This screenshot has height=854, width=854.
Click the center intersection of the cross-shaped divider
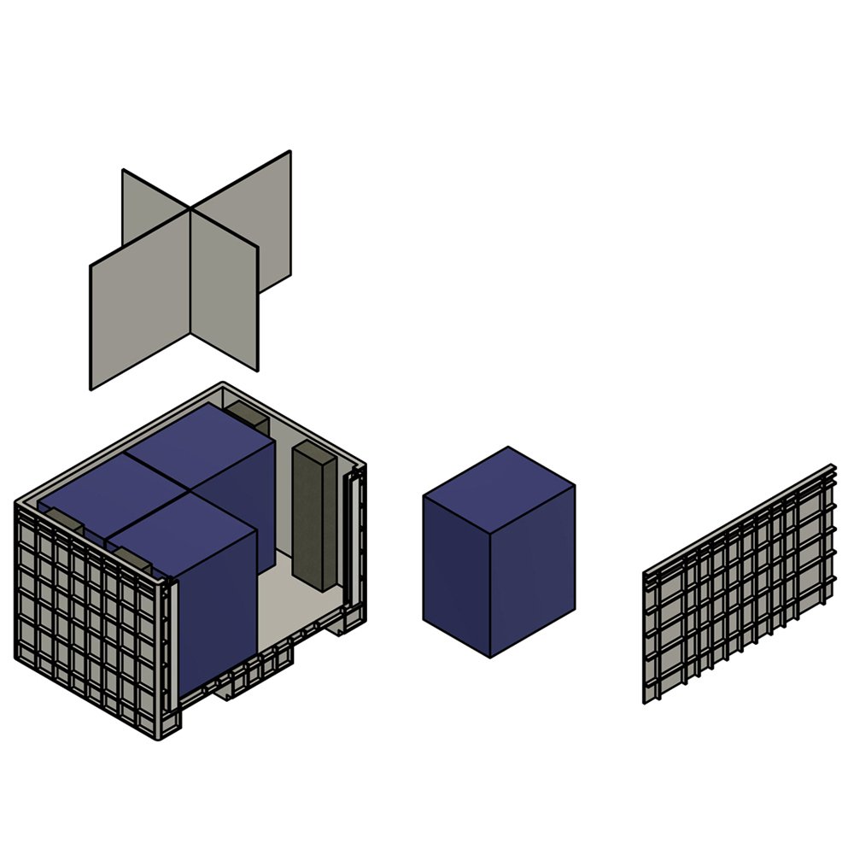pyautogui.click(x=190, y=209)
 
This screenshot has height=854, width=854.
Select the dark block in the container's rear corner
pyautogui.click(x=248, y=417)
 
